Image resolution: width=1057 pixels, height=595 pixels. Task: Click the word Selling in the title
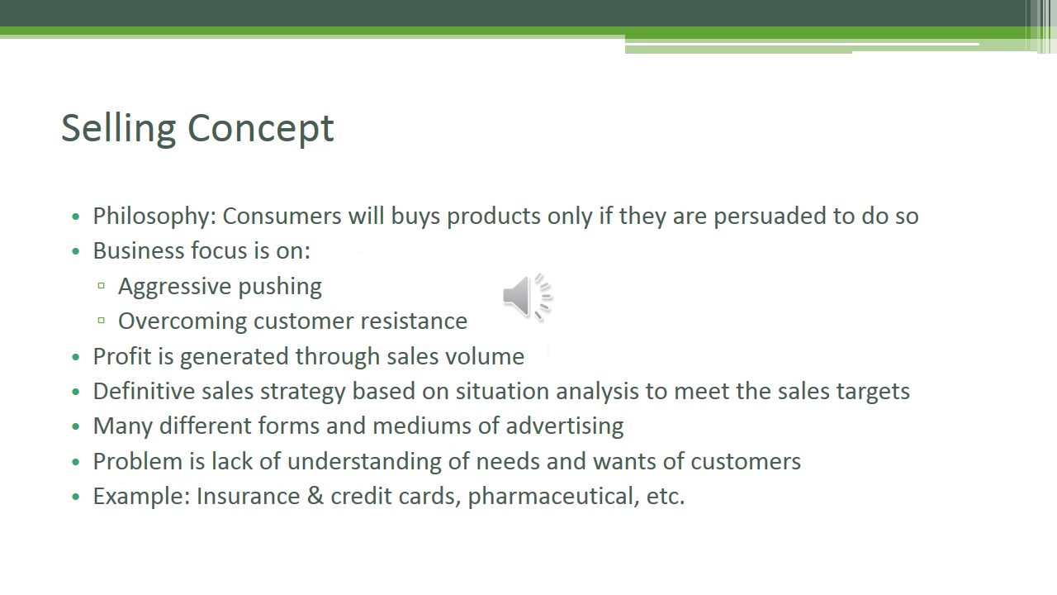click(x=118, y=129)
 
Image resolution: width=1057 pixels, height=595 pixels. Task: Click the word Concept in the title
click(x=260, y=129)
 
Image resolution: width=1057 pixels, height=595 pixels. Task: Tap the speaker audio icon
click(x=526, y=297)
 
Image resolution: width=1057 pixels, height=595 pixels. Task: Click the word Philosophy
click(x=154, y=217)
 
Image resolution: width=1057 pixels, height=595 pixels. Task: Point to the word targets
click(x=873, y=391)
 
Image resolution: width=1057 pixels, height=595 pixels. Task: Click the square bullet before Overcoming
click(x=101, y=321)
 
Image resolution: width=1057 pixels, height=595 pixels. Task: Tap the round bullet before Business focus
click(x=76, y=252)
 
